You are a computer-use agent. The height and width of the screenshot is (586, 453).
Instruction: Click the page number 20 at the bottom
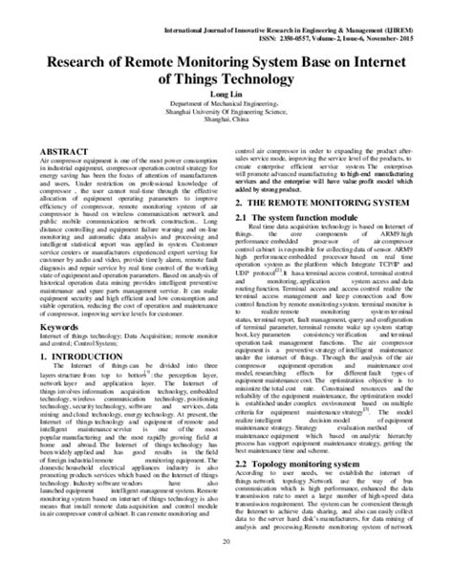pos(226,567)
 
